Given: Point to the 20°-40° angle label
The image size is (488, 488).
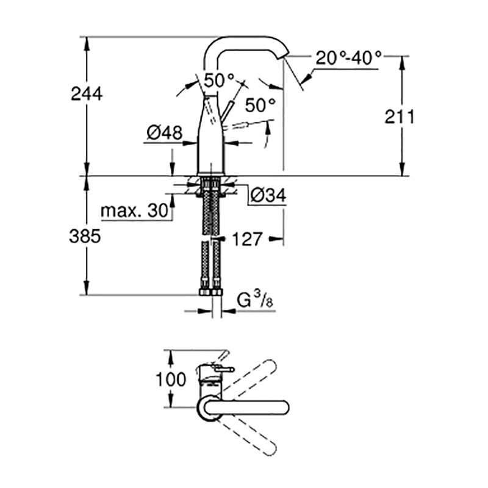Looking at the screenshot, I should pos(348,59).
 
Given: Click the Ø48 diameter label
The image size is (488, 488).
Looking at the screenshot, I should pos(165,133).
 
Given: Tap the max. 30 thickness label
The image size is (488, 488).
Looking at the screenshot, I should pos(134,211).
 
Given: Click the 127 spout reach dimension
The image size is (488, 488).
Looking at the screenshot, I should pos(247,239).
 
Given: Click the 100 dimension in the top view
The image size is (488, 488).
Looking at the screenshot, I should pos(171,379).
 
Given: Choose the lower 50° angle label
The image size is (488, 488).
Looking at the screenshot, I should pos(261,105).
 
